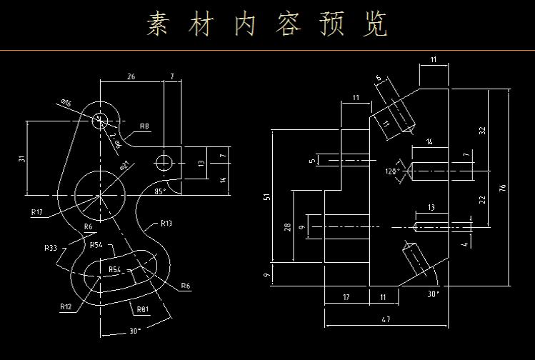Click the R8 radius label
144,126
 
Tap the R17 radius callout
38,211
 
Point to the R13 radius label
166,223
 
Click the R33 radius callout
50,248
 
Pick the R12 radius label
66,306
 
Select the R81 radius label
143,309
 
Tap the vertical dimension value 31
21,158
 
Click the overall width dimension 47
385,319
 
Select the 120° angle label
391,171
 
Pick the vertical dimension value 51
267,196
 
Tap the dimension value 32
482,130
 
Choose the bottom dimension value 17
346,296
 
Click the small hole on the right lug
164,161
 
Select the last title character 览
375,24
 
